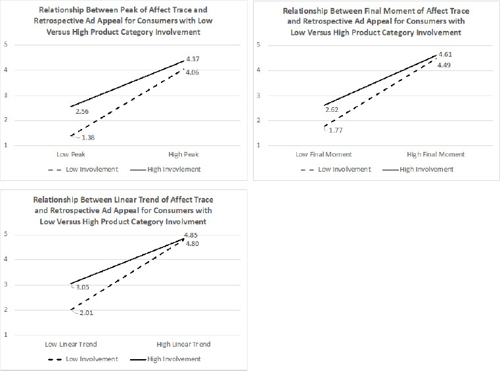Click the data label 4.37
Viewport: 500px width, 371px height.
[193, 59]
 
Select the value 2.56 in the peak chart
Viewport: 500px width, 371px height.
[82, 112]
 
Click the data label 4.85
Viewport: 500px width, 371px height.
[191, 235]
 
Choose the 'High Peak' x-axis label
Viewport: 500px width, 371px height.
[183, 155]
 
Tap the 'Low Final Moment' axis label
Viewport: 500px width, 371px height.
[324, 154]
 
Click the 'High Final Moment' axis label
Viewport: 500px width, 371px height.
[436, 154]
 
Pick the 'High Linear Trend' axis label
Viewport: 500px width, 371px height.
[183, 344]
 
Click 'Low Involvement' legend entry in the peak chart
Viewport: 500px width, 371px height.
[92, 169]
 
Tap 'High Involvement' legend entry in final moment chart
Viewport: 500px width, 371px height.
[426, 169]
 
